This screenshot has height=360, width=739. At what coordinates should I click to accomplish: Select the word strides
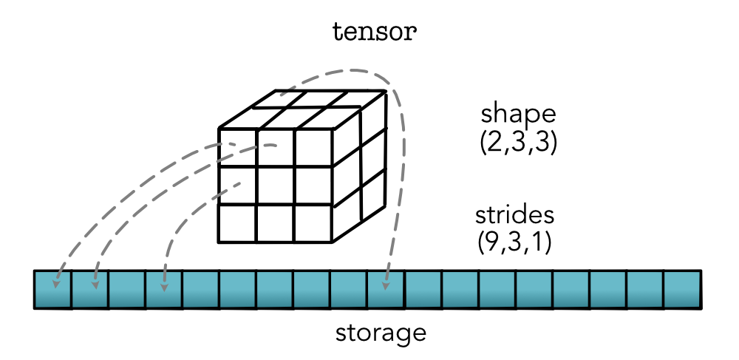click(x=515, y=217)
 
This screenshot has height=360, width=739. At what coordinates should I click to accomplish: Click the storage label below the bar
click(x=381, y=332)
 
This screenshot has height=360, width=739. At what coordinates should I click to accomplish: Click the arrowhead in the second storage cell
click(x=94, y=284)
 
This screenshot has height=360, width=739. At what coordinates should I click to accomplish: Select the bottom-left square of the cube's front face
click(x=236, y=223)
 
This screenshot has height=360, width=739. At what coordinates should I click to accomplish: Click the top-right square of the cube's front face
click(x=313, y=148)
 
